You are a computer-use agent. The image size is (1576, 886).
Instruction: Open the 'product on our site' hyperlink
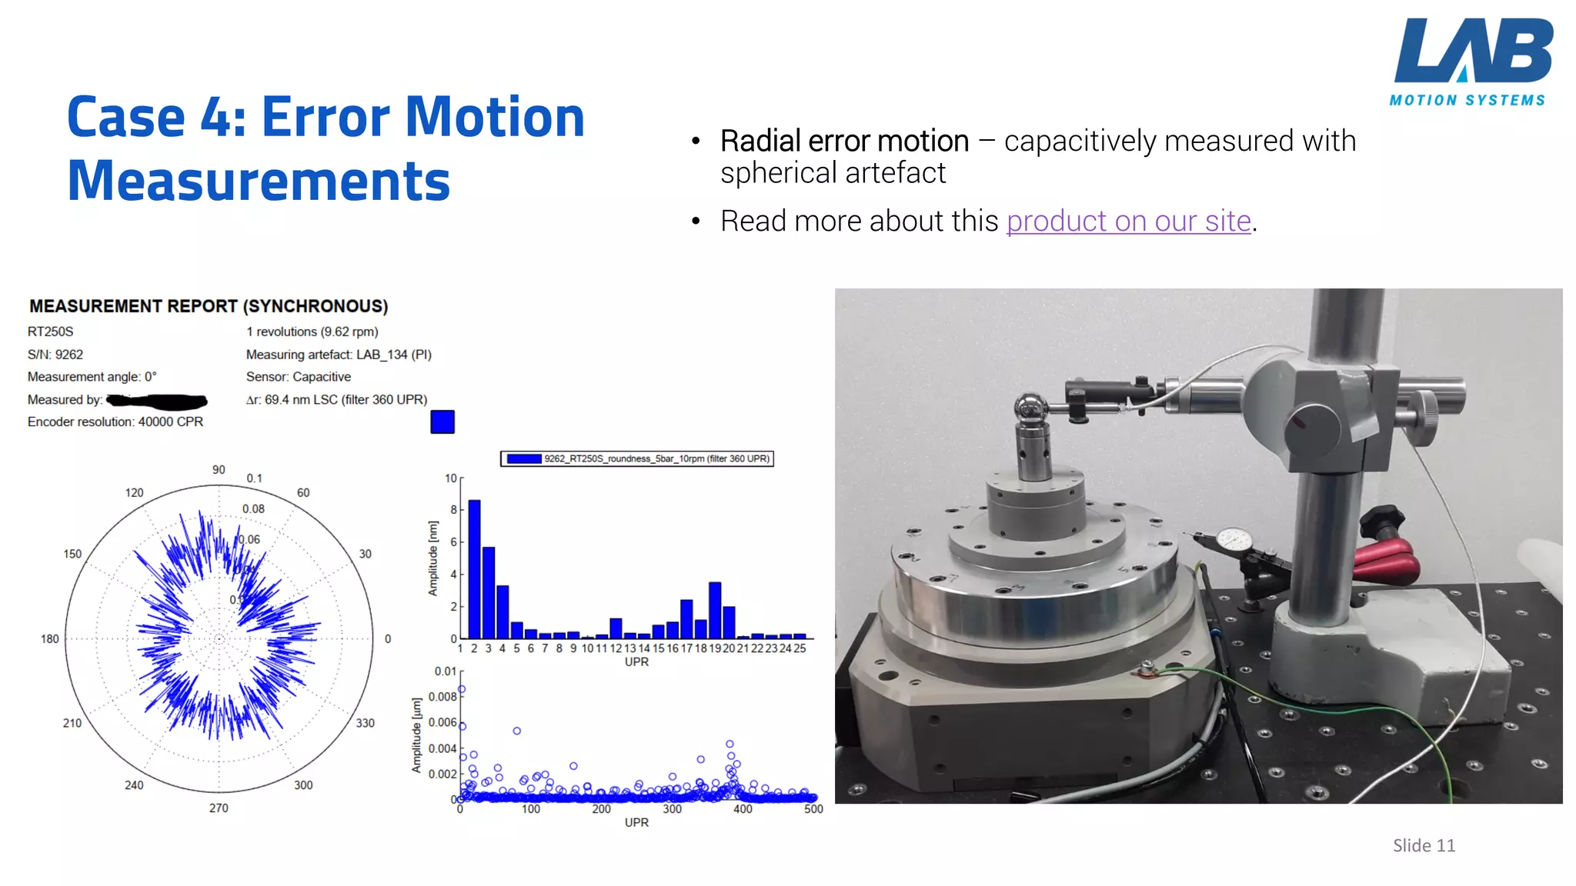click(x=1128, y=221)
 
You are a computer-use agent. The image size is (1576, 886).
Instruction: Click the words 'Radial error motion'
click(x=844, y=142)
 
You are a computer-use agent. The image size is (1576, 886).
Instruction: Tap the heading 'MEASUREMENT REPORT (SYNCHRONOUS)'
click(x=209, y=306)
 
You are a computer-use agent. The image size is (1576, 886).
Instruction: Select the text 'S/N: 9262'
click(x=55, y=355)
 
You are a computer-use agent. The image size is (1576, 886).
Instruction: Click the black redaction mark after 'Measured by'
click(x=158, y=401)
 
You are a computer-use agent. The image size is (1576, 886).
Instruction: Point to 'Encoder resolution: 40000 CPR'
click(x=115, y=422)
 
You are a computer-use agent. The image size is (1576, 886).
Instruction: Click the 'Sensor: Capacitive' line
click(x=299, y=377)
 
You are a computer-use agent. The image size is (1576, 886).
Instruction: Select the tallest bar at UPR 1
click(x=474, y=569)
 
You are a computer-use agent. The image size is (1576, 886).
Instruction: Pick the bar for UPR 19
click(x=715, y=610)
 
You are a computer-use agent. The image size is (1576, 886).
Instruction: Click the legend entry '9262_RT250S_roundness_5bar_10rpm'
click(x=637, y=459)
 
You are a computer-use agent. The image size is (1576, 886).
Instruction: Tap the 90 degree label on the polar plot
click(x=219, y=470)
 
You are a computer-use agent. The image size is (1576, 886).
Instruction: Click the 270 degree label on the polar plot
click(x=219, y=808)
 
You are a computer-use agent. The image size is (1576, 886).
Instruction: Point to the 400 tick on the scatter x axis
click(x=743, y=809)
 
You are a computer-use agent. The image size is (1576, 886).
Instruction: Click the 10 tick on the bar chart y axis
click(x=450, y=478)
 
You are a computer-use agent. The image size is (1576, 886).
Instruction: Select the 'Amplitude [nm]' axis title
click(x=433, y=558)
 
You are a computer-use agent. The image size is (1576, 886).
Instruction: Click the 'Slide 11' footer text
click(x=1424, y=846)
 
